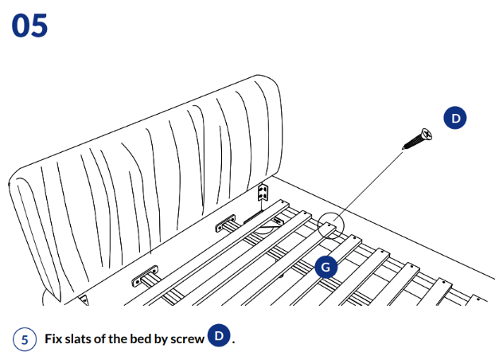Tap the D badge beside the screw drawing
click(x=455, y=118)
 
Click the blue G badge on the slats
click(x=324, y=268)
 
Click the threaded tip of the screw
click(x=407, y=147)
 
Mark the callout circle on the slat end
click(x=329, y=225)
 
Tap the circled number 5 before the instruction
click(x=25, y=339)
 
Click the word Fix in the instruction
click(x=53, y=339)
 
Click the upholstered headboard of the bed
click(x=151, y=175)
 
